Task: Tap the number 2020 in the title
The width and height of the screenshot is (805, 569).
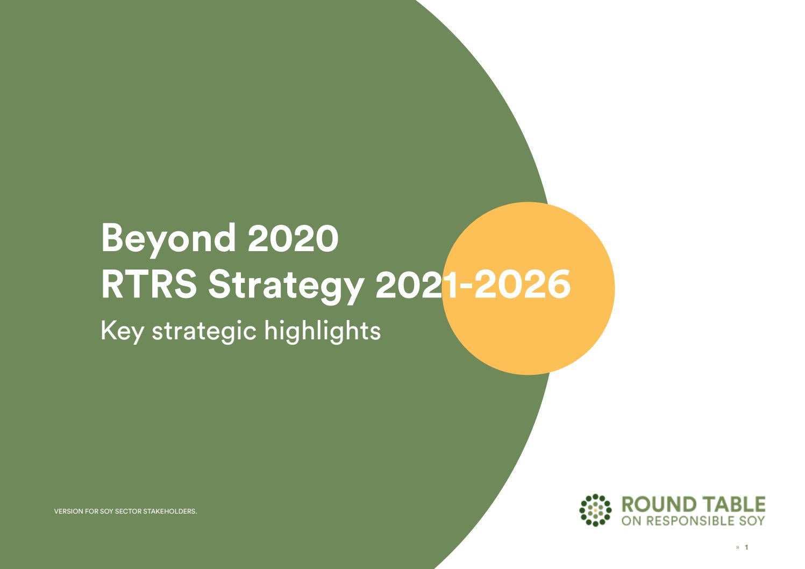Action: (x=293, y=238)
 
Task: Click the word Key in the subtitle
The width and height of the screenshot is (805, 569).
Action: (x=122, y=330)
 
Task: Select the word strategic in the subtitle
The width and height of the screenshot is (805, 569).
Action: (x=204, y=330)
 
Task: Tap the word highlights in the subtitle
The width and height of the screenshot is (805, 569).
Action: (x=323, y=330)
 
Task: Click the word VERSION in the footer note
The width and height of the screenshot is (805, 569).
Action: (x=69, y=511)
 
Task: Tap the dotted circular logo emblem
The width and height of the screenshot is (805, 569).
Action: (x=595, y=510)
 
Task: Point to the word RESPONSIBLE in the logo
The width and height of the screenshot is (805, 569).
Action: (x=690, y=521)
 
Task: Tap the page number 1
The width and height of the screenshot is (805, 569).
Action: (x=746, y=547)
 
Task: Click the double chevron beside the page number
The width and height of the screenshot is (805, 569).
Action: (x=738, y=547)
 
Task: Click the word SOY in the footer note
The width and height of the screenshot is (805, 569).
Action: (x=106, y=511)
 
